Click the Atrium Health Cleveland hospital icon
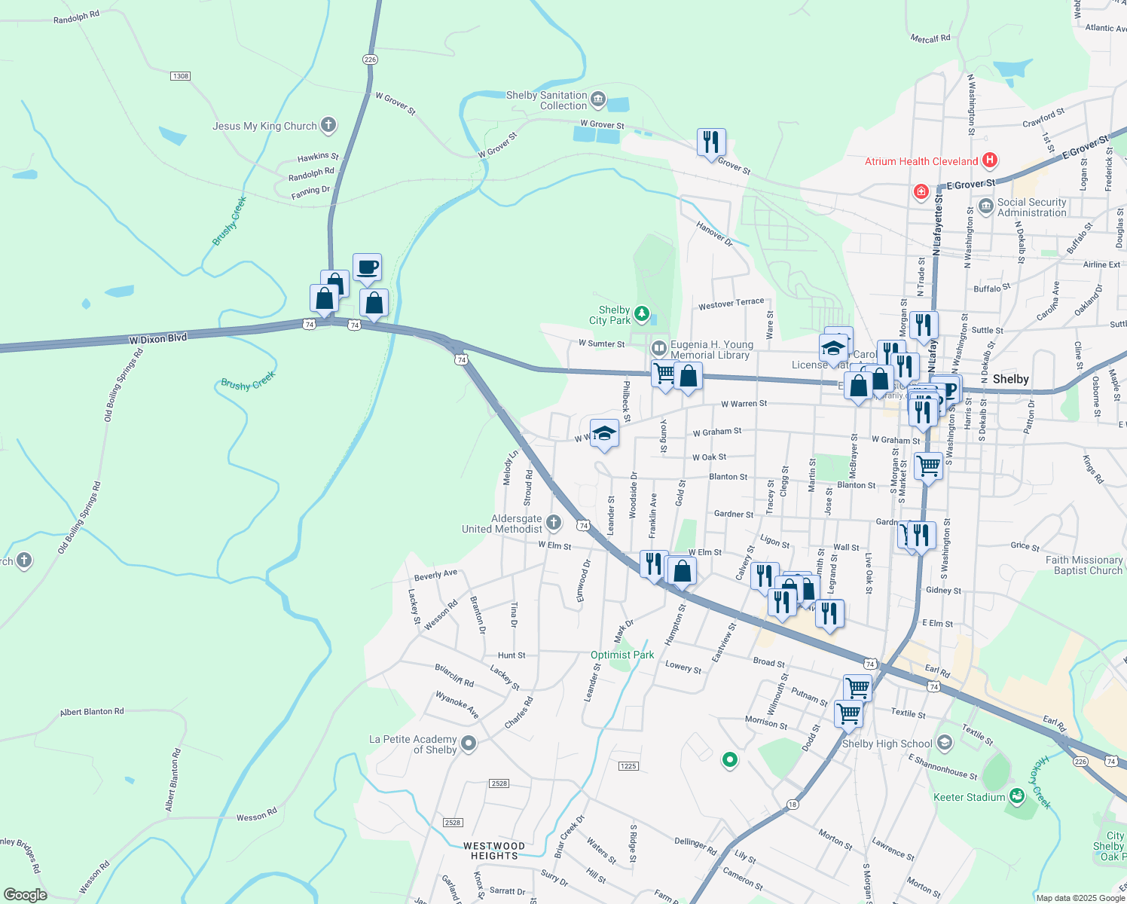[990, 160]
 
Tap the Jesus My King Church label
[264, 126]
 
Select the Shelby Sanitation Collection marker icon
[598, 99]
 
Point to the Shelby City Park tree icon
[641, 313]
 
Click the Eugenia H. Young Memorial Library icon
[658, 348]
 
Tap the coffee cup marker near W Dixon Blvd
[367, 267]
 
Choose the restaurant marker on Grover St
[711, 141]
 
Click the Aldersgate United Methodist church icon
[554, 523]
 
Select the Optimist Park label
[622, 655]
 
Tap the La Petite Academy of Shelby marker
[469, 744]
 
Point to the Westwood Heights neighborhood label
[494, 851]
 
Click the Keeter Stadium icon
[1017, 796]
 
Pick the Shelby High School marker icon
[945, 744]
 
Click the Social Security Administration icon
[985, 206]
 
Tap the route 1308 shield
[180, 76]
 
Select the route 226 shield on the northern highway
[369, 60]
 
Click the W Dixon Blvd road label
[157, 339]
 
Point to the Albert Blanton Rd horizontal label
[92, 711]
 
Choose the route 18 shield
[792, 805]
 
